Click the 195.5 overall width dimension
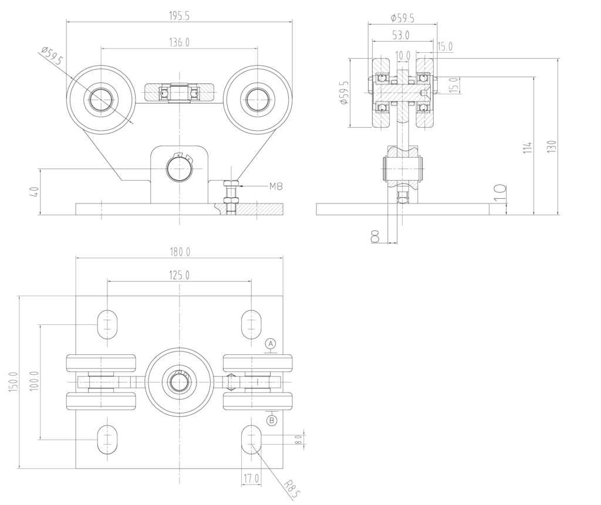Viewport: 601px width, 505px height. (179, 16)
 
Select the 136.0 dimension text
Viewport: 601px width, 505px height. (179, 43)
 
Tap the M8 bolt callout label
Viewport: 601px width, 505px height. (276, 187)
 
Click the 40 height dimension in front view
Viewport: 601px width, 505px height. (35, 192)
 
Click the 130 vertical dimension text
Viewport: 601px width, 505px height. (551, 147)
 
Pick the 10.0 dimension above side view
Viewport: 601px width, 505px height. (403, 55)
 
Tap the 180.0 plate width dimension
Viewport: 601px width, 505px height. (179, 252)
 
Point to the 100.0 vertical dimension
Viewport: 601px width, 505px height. (34, 382)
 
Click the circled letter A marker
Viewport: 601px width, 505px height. (271, 343)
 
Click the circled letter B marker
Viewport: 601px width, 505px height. (271, 420)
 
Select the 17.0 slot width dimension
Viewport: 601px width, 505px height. (252, 479)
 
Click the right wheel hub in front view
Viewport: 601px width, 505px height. (257, 99)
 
